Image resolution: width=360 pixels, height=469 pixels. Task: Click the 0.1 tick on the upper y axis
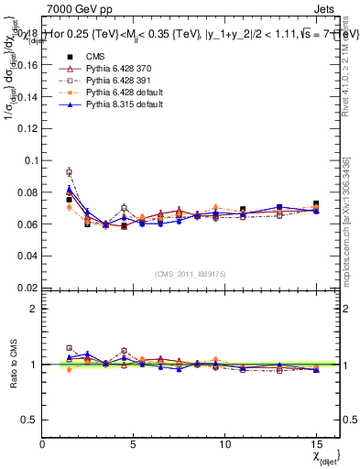click(x=27, y=160)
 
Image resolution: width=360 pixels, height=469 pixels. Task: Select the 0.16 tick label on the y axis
click(x=25, y=65)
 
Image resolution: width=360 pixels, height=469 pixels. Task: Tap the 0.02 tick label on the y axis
click(x=25, y=288)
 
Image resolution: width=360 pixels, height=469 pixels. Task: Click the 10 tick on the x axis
click(x=224, y=443)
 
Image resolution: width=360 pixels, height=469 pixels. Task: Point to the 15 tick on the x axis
click(x=316, y=443)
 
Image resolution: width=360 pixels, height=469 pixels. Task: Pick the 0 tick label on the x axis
click(x=43, y=443)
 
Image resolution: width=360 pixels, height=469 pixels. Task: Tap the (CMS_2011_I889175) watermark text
click(x=190, y=272)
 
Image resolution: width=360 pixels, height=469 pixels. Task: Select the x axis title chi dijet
click(x=325, y=455)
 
